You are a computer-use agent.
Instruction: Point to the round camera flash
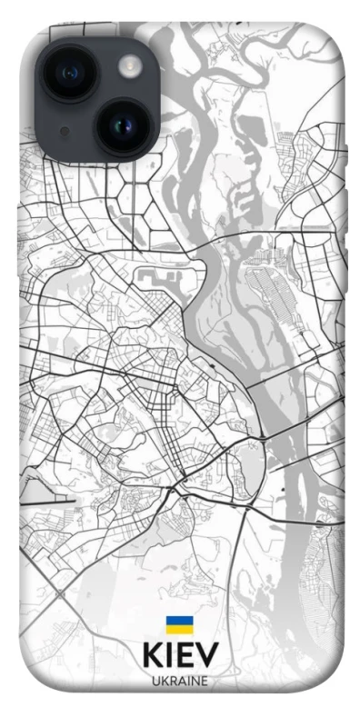130,65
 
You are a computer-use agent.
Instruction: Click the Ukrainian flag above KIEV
179,624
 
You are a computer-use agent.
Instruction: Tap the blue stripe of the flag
179,621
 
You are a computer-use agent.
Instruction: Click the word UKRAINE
180,681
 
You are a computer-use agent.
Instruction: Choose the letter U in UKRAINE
155,681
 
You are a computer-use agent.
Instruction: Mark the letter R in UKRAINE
173,681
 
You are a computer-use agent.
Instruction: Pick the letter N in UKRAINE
195,681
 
